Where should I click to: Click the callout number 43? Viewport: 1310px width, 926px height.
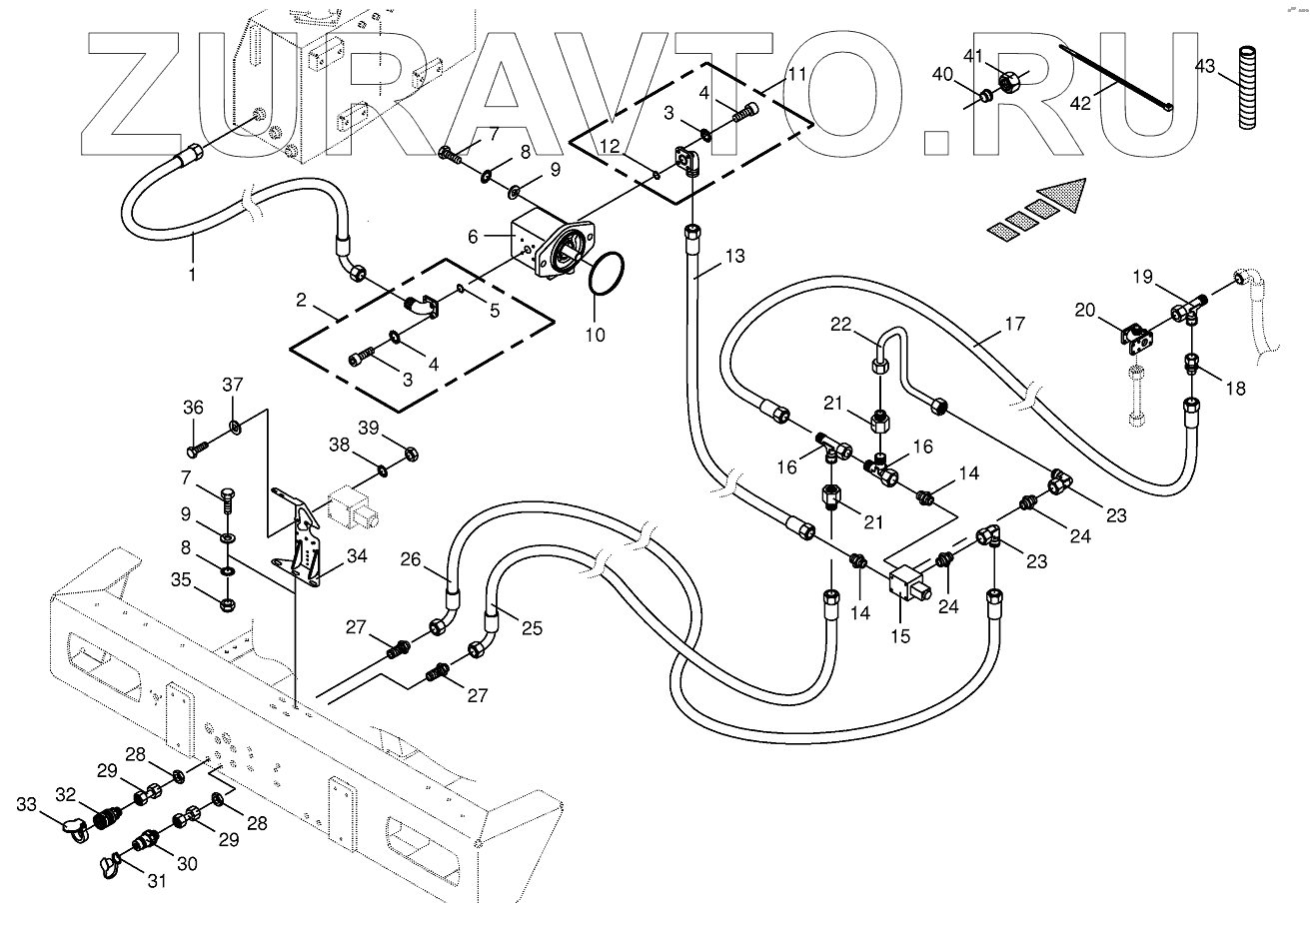[x=1204, y=66]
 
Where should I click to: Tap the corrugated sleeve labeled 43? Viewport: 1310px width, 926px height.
[x=1247, y=88]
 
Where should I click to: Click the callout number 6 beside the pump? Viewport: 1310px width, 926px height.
[x=473, y=236]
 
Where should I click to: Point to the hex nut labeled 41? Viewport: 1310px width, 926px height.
[x=1009, y=83]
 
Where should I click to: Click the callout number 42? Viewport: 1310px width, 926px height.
[x=1080, y=103]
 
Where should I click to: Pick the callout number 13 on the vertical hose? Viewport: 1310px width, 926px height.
[x=735, y=256]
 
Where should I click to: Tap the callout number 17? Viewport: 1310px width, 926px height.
[x=1014, y=324]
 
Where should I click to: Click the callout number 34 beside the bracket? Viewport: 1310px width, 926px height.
[x=357, y=555]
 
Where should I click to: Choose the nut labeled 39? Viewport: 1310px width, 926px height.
[x=411, y=454]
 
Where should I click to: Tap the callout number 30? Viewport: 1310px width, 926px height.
[x=187, y=863]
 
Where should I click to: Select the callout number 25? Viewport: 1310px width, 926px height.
[x=532, y=628]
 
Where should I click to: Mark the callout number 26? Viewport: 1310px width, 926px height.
[x=411, y=559]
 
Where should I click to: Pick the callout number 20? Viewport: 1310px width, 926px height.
[x=1085, y=310]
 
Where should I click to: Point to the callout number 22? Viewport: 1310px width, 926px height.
[x=841, y=324]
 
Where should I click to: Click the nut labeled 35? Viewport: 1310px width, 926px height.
[x=227, y=603]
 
